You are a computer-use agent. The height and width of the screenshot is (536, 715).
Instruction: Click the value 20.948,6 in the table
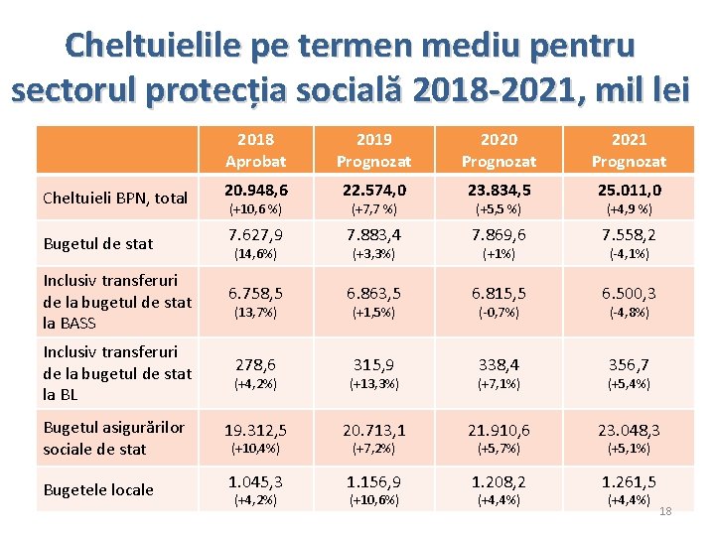coord(255,190)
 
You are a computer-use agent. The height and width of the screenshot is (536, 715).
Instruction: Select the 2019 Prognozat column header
coord(373,150)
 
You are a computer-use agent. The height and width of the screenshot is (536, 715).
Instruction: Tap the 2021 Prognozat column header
coord(629,150)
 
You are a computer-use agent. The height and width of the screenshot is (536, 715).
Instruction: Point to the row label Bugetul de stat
coord(97,243)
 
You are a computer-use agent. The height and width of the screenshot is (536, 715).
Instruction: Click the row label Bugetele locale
coord(97,489)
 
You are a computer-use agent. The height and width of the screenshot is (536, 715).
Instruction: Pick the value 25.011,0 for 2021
coord(629,190)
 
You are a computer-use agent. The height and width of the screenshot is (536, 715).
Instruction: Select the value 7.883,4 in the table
coord(373,235)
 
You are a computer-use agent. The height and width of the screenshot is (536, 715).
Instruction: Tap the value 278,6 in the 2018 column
coord(255,366)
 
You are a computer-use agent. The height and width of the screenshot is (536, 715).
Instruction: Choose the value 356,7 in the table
coord(629,366)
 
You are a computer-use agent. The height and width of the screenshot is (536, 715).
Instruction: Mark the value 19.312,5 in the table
coord(255,431)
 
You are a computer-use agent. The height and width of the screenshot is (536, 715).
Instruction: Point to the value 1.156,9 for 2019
coord(373,481)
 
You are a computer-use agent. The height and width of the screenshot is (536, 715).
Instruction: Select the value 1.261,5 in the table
coord(629,481)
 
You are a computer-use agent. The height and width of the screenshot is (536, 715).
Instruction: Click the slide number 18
coord(665,510)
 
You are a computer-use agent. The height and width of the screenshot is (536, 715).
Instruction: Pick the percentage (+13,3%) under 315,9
coord(373,384)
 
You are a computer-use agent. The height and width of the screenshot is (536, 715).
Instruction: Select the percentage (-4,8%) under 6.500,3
coord(629,312)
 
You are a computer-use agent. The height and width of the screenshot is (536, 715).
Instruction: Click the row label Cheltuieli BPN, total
coord(115,198)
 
